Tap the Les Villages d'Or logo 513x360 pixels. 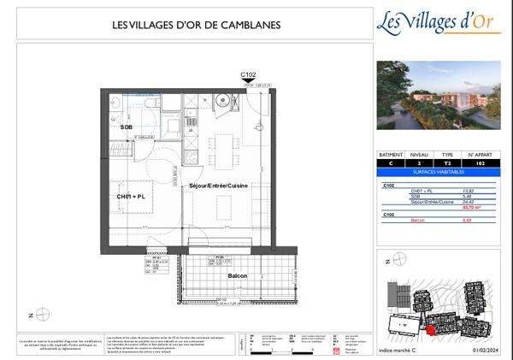coord(438,22)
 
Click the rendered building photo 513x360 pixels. coord(438,94)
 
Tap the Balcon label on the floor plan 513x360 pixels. coord(237,276)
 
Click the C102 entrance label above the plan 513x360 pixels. coord(249,75)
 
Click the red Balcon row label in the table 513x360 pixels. coord(418,221)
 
